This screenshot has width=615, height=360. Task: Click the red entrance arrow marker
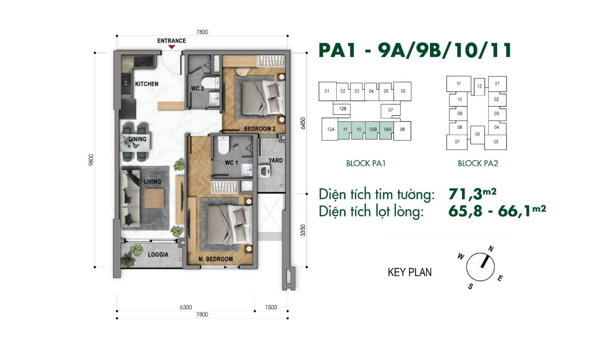tap(172, 47)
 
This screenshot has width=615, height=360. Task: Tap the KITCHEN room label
tap(147, 84)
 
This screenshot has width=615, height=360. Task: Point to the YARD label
tap(276, 160)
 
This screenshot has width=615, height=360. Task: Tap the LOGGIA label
tap(158, 255)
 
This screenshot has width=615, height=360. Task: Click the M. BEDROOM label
tap(216, 259)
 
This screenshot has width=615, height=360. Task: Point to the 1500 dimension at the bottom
tap(271, 307)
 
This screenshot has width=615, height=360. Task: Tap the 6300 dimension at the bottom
tap(186, 307)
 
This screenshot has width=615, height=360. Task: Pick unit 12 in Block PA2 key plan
tap(479, 87)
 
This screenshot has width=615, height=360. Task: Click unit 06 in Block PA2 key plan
tap(477, 134)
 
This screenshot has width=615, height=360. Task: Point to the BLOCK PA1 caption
tap(365, 164)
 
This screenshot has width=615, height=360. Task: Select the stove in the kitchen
tap(141, 61)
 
